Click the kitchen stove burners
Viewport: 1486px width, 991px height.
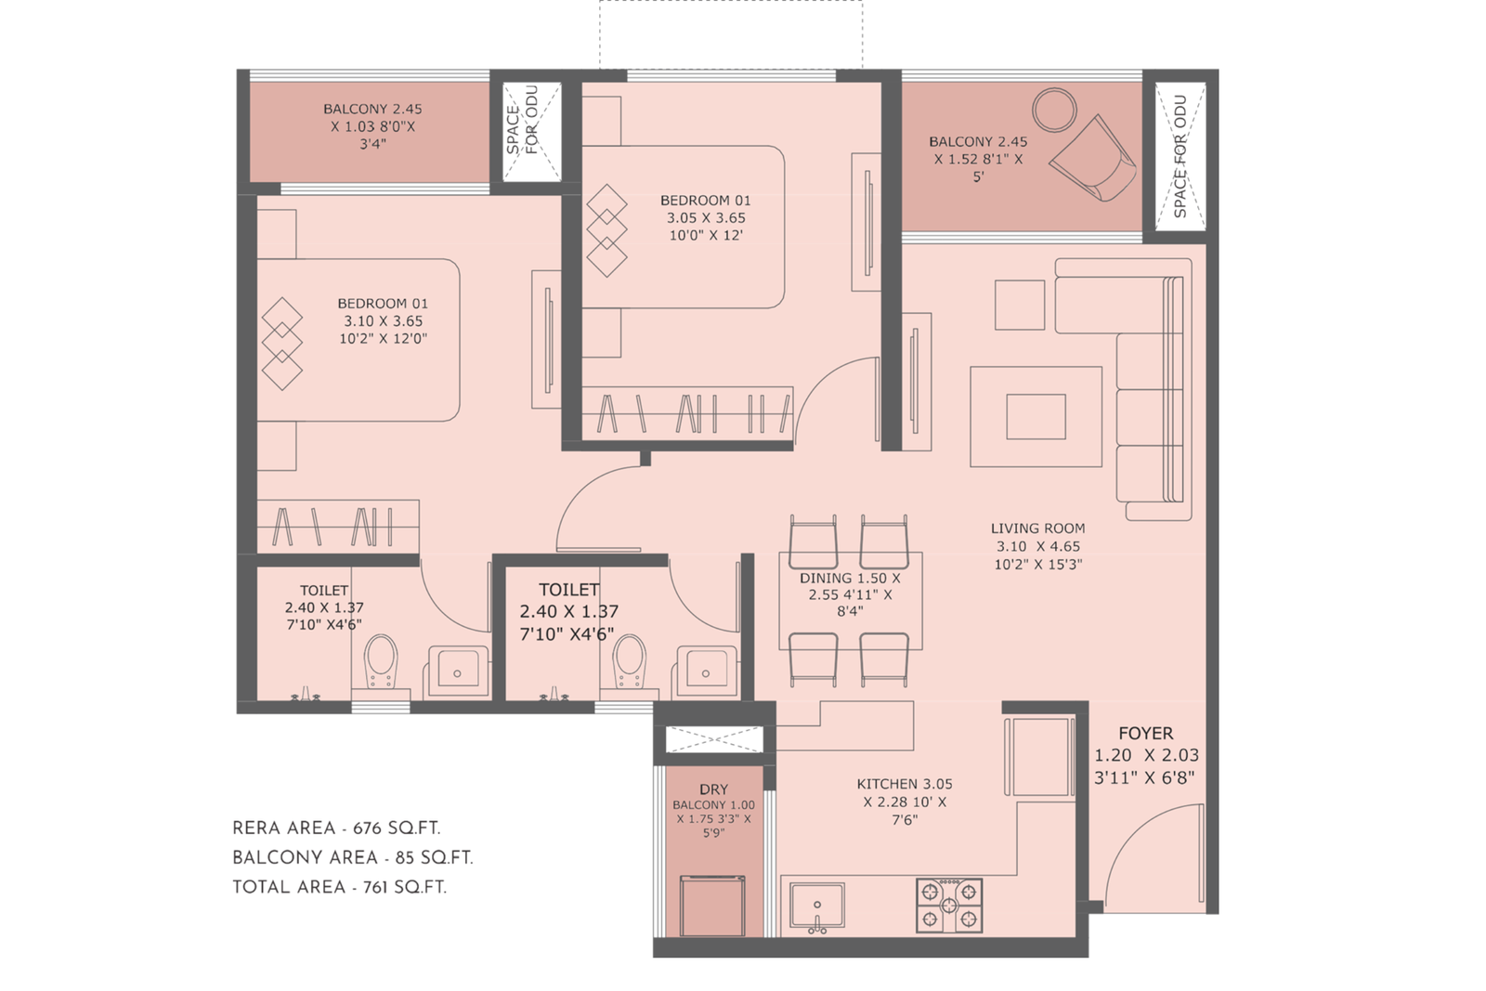[x=948, y=905]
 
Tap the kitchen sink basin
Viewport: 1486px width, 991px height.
[x=816, y=905]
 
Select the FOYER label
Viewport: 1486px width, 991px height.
[x=1145, y=734]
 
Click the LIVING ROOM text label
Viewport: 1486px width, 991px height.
[x=1037, y=528]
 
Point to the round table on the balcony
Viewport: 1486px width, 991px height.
[x=1054, y=110]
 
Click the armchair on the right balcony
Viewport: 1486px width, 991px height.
[x=1096, y=161]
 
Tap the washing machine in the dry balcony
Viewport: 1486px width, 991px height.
[x=711, y=906]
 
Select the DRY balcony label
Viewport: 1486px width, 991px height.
[x=713, y=789]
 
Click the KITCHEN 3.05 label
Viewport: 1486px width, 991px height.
[x=905, y=785]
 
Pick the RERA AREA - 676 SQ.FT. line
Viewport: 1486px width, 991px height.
[x=336, y=828]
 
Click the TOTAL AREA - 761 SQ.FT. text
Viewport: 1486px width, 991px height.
[x=339, y=887]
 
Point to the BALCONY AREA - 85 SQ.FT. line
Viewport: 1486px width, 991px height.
[x=352, y=857]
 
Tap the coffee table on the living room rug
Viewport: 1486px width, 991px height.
[x=1036, y=416]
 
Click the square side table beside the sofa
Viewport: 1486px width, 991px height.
[x=1020, y=305]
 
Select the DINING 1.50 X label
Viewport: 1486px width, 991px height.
[x=849, y=579]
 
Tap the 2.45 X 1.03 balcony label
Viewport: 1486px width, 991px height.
[x=372, y=125]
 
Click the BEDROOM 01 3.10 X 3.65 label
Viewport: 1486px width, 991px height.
[x=383, y=320]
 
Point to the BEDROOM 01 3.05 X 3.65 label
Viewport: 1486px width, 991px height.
[x=705, y=217]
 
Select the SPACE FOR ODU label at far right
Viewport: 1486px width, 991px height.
[x=1180, y=156]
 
